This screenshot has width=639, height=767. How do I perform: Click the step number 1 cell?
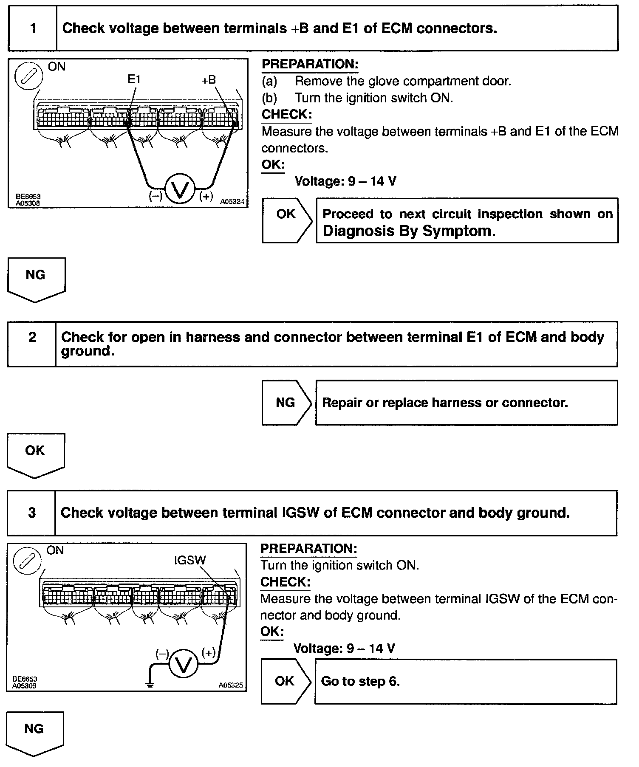click(33, 28)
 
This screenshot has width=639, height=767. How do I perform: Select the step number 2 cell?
click(32, 344)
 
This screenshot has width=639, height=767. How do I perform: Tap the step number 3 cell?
click(31, 513)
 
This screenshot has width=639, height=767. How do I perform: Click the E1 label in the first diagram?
click(134, 79)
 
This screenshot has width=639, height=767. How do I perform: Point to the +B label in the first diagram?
click(209, 80)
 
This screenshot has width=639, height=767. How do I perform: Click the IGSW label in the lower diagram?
click(189, 560)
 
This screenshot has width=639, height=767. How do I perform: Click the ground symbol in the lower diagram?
click(150, 684)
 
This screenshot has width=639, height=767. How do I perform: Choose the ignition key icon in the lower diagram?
click(28, 561)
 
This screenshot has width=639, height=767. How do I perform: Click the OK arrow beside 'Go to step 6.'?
click(286, 681)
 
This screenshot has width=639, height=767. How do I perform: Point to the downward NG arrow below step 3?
click(35, 733)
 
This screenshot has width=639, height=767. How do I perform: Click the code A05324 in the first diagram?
click(232, 202)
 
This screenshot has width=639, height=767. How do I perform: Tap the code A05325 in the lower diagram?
click(231, 685)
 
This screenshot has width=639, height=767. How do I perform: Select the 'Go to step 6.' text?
click(360, 681)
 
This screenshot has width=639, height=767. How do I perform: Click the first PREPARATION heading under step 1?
click(310, 64)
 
